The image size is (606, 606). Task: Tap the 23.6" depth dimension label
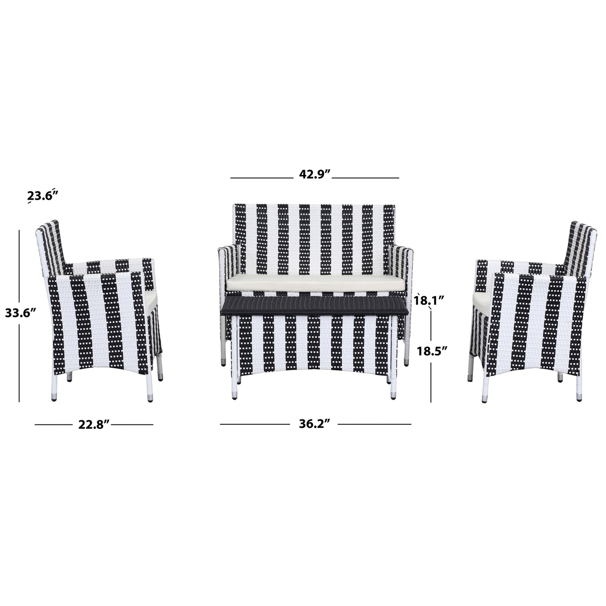point(42,196)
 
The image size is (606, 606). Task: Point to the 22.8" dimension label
point(94,424)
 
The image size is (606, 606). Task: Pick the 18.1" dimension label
point(428,300)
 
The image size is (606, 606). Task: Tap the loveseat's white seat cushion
point(315,283)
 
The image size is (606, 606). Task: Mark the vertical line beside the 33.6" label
point(19,273)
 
